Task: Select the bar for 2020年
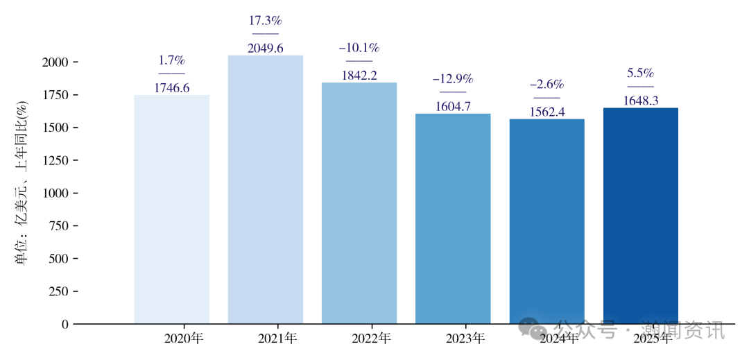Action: (171, 208)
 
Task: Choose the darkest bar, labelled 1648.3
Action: (641, 215)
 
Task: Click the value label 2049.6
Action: (266, 48)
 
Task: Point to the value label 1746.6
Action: (171, 88)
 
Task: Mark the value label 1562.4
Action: (547, 112)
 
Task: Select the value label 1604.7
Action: (453, 106)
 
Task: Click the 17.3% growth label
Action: (266, 21)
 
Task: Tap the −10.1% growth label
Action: (359, 48)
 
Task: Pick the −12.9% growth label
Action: (453, 79)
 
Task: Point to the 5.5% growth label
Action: (641, 74)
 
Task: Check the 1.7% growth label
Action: (171, 60)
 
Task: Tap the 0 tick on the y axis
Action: (65, 324)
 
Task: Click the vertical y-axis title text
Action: (21, 183)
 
